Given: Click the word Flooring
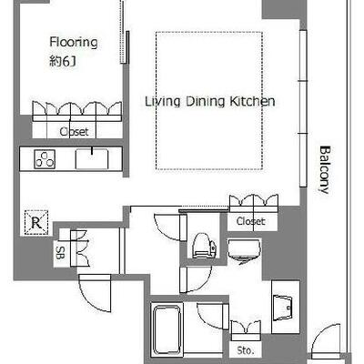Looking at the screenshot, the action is click(x=74, y=43).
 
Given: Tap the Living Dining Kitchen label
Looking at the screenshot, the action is click(x=210, y=102).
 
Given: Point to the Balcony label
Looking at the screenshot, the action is click(x=325, y=170).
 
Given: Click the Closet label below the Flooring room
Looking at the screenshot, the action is click(x=74, y=132).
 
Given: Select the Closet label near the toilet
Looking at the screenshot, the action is click(x=250, y=221).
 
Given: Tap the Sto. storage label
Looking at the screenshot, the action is click(x=246, y=350).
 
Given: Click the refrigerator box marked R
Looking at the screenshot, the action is click(x=36, y=223).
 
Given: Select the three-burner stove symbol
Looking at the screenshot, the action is click(x=45, y=159).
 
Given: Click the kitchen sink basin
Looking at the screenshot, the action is click(x=92, y=158).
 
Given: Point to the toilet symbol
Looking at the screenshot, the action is click(x=204, y=246).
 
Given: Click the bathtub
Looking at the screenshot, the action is click(x=167, y=329).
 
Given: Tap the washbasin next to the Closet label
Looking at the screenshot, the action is click(x=244, y=251).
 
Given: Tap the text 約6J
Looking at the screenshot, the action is click(x=63, y=61).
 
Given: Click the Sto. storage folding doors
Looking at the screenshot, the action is click(x=246, y=330).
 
